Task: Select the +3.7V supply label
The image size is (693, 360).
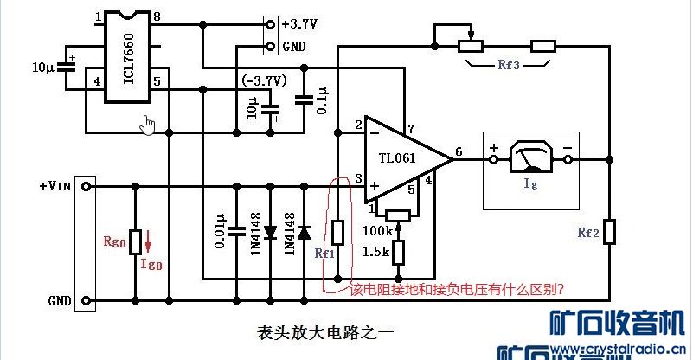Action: point(299,23)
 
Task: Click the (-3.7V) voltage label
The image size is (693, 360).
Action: point(265,80)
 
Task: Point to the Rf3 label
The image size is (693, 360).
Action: point(508,63)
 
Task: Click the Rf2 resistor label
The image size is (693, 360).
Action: point(588,233)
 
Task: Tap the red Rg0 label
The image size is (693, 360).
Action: point(113,244)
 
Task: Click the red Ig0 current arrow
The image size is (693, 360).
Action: point(147,240)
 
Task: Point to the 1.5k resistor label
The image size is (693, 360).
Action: point(375,252)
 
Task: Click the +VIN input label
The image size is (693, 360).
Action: point(55,186)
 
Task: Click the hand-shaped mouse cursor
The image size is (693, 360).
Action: point(149,125)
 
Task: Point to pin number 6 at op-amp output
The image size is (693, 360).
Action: point(458,148)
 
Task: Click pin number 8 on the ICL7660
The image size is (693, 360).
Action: point(157,16)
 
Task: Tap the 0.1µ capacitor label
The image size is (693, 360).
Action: point(322,99)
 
